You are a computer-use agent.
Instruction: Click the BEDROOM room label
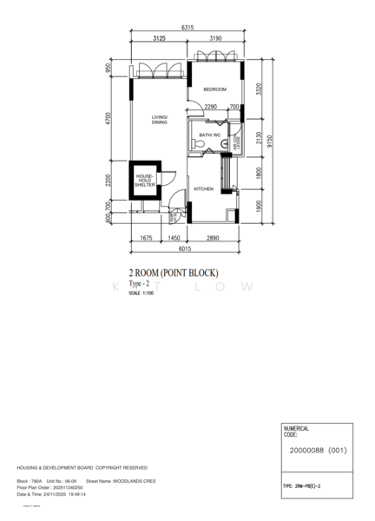point(214,89)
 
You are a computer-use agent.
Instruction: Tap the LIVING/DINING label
point(160,120)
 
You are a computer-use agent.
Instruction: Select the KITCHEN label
point(203,188)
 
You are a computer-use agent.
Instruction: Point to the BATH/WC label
point(209,135)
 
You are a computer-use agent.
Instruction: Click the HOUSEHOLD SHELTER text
point(144,181)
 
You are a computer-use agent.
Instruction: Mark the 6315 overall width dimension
point(187,29)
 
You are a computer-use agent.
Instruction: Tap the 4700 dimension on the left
point(109,118)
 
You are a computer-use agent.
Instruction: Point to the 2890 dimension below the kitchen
point(214,237)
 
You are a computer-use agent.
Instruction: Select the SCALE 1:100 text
point(141,293)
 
